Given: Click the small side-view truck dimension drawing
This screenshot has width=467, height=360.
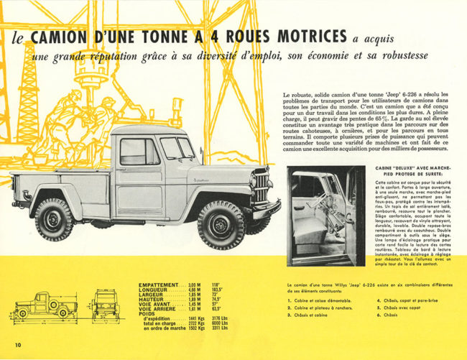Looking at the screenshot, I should coord(43,305).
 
